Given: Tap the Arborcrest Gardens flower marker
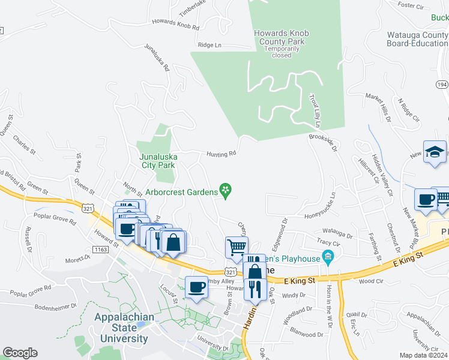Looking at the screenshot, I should (226, 191).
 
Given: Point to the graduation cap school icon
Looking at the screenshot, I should (435, 152).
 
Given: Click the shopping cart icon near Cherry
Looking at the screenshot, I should (237, 246).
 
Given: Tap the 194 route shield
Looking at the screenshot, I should (442, 85).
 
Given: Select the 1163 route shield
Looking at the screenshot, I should (101, 248).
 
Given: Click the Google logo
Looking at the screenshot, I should (20, 353).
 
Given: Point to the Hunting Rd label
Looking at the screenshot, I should (221, 154).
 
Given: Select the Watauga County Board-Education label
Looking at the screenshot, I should (418, 39).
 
